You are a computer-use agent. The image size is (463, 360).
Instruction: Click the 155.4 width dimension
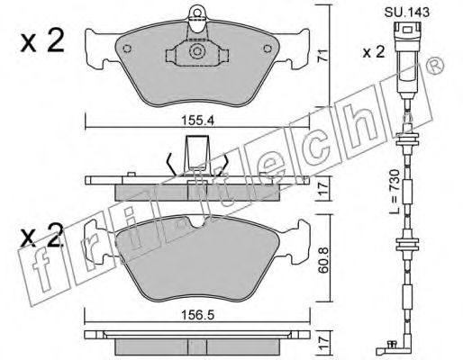[197, 121]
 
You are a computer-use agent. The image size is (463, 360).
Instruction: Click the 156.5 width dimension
[197, 315]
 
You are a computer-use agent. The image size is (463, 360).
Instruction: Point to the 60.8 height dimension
[324, 260]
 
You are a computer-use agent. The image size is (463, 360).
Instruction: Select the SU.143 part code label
[407, 13]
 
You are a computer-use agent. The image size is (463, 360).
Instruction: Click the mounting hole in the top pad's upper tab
[197, 13]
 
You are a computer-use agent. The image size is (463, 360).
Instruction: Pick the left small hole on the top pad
[127, 49]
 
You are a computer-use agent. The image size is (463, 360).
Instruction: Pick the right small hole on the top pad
[268, 49]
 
